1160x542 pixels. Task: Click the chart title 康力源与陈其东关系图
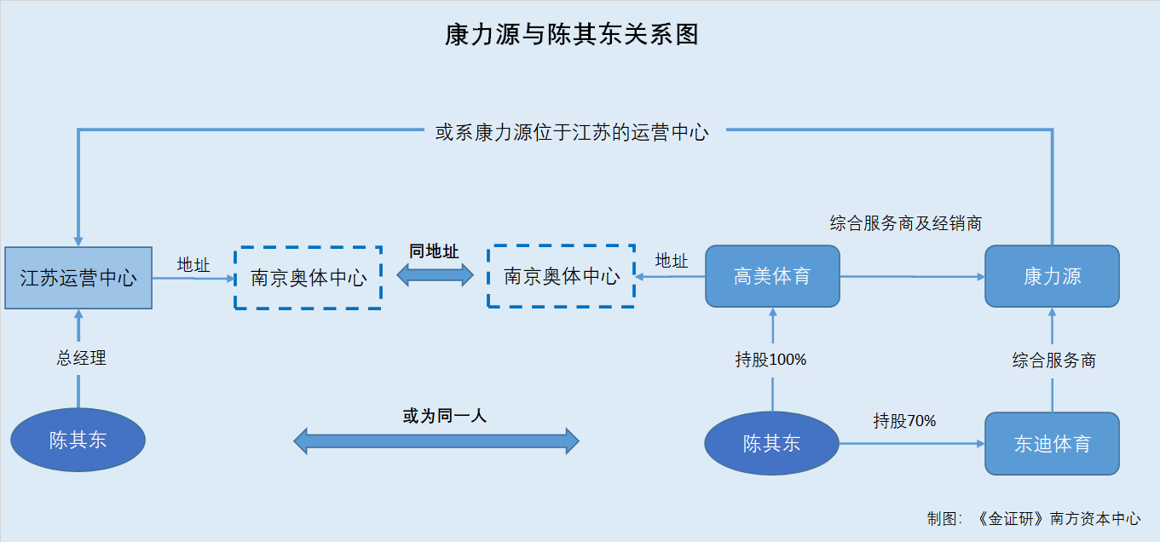click(x=572, y=35)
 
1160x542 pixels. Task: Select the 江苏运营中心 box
click(x=78, y=278)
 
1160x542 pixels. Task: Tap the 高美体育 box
click(x=773, y=276)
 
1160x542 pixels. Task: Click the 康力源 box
click(x=1053, y=276)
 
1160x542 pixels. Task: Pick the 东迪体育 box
click(x=1053, y=444)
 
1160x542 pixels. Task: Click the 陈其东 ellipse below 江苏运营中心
click(x=78, y=440)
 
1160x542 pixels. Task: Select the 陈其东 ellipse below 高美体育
click(x=771, y=443)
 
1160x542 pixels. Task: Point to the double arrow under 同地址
click(x=435, y=275)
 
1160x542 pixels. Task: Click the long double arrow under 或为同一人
click(x=436, y=441)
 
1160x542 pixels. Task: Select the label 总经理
click(x=81, y=358)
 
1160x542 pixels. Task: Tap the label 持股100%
click(x=770, y=360)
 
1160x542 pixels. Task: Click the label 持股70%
click(x=904, y=421)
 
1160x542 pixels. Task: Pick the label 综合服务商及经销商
click(x=906, y=223)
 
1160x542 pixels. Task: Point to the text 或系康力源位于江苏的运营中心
click(x=572, y=133)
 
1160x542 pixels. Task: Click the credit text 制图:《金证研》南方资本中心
click(x=1034, y=518)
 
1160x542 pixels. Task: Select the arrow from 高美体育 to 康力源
click(x=913, y=276)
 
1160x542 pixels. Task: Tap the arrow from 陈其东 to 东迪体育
click(x=912, y=444)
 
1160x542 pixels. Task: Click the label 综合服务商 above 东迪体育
click(x=1054, y=360)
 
